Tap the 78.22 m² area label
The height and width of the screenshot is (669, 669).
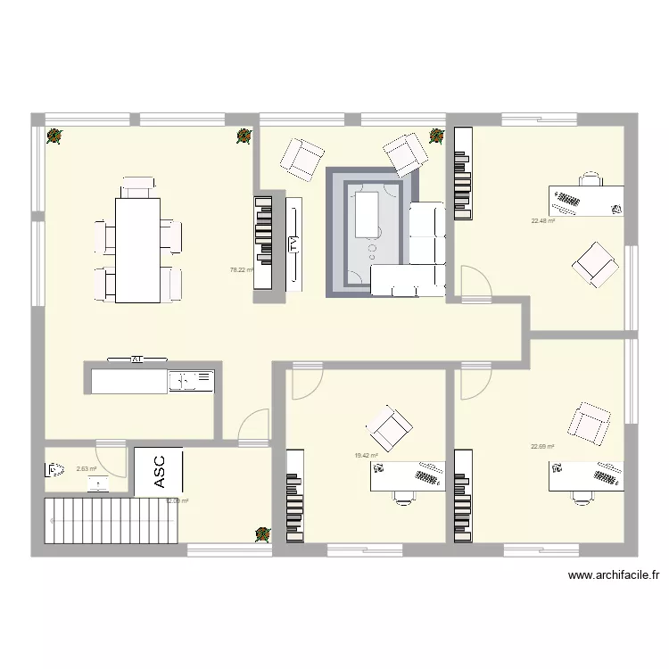coord(242,269)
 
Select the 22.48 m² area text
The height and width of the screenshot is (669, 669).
coord(543,221)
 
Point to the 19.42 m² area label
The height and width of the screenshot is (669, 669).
coord(367,455)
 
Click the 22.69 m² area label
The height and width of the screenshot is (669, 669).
coord(542,447)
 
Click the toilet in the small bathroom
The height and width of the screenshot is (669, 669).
coord(55,469)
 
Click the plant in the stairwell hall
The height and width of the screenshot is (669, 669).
coord(263,533)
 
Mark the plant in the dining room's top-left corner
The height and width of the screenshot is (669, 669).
coord(54,136)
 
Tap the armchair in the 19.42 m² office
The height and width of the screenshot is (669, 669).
coord(391,428)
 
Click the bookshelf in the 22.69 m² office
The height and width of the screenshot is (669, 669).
coord(462,494)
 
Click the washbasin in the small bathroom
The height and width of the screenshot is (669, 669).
coord(97,483)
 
